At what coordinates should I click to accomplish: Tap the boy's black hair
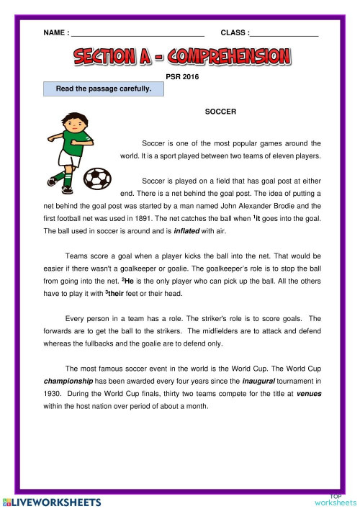point(74,117)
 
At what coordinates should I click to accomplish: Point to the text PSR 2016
point(182,75)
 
